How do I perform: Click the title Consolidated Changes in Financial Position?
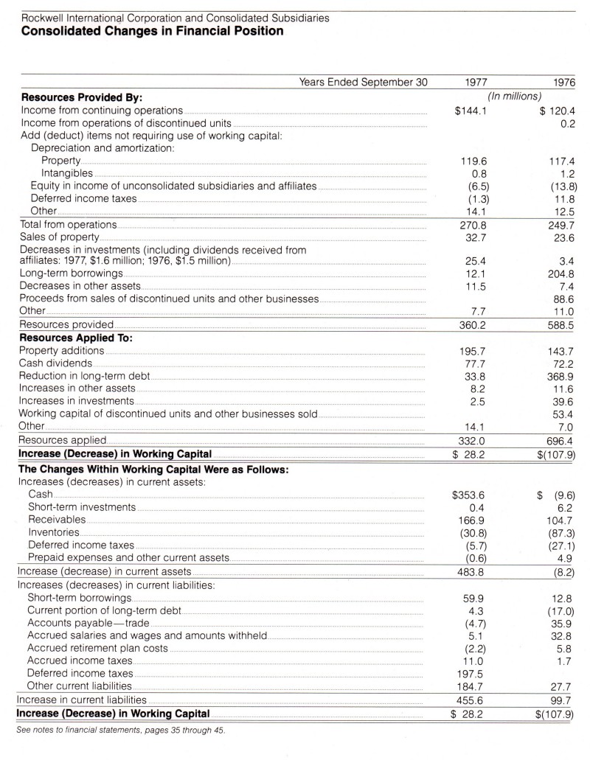[152, 32]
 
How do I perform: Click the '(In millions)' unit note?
[515, 96]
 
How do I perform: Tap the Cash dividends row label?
[56, 363]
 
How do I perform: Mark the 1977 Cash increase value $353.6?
[471, 494]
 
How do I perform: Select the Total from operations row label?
[68, 224]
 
